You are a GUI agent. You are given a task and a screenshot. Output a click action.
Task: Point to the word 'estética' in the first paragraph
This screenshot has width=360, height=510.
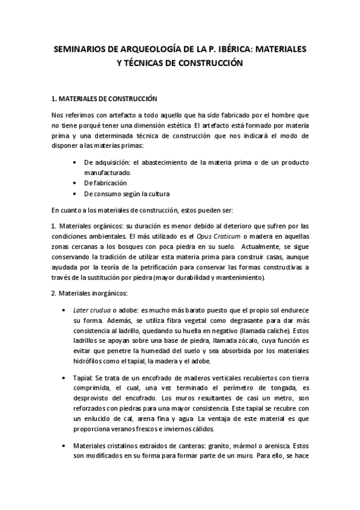pyautogui.click(x=175, y=125)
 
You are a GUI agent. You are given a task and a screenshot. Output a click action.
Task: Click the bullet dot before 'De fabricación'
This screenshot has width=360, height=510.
pyautogui.click(x=74, y=183)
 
